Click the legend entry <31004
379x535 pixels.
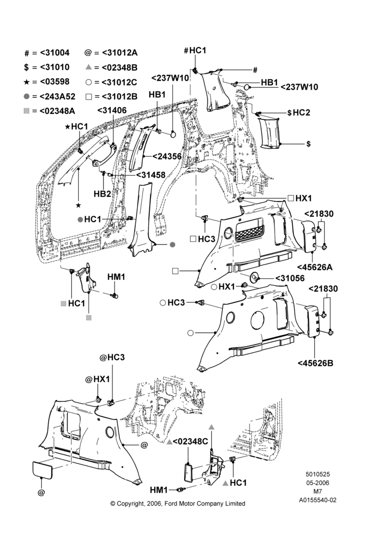pos(55,53)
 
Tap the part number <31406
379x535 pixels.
pos(112,110)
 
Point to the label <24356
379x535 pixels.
pos(168,156)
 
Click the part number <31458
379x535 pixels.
pos(151,175)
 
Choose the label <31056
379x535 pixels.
pos(290,278)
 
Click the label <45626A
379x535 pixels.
pos(315,267)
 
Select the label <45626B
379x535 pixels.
pos(315,363)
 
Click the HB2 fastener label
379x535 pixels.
pos(102,194)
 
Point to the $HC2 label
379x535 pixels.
pos(299,112)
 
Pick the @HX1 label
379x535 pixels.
pos(97,379)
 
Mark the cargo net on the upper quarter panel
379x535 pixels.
pos(249,232)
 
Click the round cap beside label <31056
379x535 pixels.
pos(255,277)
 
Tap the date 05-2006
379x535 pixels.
pos(317,483)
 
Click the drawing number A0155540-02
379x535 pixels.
pos(318,500)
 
